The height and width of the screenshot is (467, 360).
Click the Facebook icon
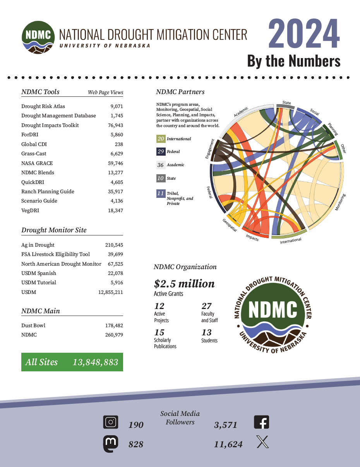point(261,422)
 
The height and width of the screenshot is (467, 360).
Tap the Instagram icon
point(111,422)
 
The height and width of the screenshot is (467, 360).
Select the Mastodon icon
point(111,444)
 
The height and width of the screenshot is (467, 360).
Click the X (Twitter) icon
point(262,442)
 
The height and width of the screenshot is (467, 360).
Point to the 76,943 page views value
point(115,125)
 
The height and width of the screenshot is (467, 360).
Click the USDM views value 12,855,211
point(111,292)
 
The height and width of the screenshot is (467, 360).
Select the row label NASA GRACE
point(37,163)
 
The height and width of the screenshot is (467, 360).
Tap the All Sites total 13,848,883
point(95,362)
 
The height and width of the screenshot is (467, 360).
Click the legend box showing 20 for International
point(161,139)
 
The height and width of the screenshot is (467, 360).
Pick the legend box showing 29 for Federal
point(161,152)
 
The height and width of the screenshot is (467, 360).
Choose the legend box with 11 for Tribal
point(161,193)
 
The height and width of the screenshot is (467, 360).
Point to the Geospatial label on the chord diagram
point(230,225)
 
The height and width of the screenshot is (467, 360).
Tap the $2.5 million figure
point(184,283)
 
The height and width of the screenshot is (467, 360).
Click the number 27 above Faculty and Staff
point(206,306)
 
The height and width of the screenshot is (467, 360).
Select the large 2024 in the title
point(304,34)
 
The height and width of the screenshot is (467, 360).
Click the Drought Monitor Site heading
point(54,230)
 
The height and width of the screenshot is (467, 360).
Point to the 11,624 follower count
point(228,445)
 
